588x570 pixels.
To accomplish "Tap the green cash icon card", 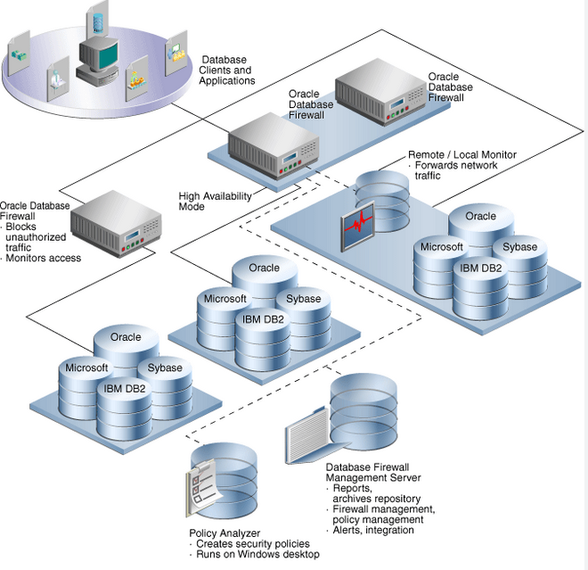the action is coord(19,53).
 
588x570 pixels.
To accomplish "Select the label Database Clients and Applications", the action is coord(227,70).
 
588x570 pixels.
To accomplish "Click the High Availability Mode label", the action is coord(215,202).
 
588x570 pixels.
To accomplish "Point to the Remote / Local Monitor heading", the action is coord(462,154).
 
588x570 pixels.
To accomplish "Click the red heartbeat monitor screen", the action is coord(358,226).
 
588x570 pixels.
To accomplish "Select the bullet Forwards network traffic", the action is coord(455,170).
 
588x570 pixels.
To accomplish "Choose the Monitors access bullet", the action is coord(41,258).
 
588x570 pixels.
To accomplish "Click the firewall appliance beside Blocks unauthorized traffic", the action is coord(116,224).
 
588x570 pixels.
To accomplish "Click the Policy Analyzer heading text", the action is coord(225,533).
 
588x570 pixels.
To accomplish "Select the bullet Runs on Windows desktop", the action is coord(256,554).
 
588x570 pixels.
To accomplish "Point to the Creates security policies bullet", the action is coord(251,544).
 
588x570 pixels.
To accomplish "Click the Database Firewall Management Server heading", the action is coord(373,473).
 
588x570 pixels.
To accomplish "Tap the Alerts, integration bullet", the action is coord(371,530).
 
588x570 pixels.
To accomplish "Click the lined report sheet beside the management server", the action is coord(306,435).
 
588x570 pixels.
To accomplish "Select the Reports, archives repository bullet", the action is coord(374,493).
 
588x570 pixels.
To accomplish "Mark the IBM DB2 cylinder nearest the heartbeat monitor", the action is coord(480,289).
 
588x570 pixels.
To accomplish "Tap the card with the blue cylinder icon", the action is coord(97,21).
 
